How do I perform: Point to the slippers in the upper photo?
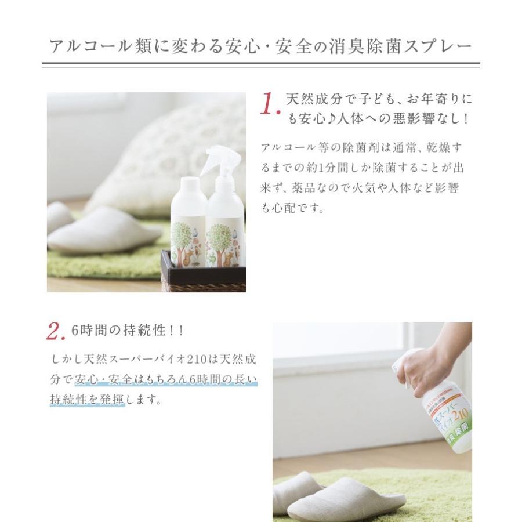[99, 229]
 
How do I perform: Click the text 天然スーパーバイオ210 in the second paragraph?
[152, 360]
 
